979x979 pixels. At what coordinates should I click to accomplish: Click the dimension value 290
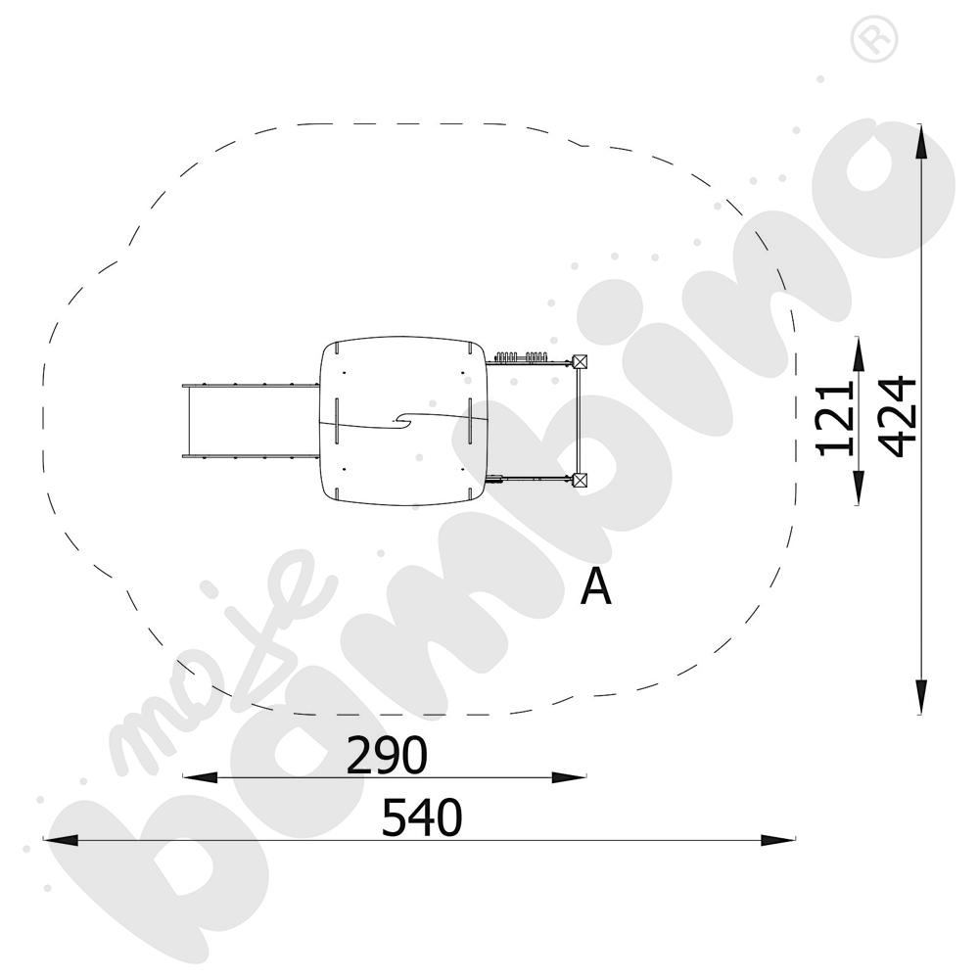pos(387,754)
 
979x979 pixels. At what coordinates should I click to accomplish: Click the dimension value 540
pos(422,816)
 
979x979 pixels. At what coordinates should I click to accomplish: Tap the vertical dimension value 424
pos(897,416)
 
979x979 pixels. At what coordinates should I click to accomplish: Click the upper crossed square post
pos(581,361)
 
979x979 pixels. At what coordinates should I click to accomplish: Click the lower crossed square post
pos(581,480)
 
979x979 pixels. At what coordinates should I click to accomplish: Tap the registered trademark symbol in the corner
pos(874,39)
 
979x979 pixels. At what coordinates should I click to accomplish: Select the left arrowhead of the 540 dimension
pos(61,840)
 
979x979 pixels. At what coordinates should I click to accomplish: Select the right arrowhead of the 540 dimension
pos(778,840)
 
